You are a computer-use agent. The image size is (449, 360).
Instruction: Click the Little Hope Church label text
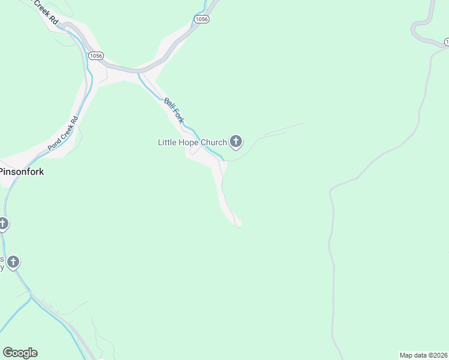(x=192, y=142)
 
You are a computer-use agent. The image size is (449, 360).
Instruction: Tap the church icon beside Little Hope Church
(x=236, y=142)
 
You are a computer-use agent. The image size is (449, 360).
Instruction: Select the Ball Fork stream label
(x=173, y=110)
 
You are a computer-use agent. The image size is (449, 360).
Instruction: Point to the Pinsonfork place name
(x=22, y=172)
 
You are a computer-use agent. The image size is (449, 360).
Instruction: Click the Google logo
(x=20, y=353)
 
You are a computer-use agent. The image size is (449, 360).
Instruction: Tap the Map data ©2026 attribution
(x=423, y=355)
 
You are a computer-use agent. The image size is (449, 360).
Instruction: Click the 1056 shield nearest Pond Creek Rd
(x=95, y=55)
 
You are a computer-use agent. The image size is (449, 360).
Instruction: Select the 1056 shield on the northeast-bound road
(x=202, y=19)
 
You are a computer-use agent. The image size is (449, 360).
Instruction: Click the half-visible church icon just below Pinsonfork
(x=2, y=224)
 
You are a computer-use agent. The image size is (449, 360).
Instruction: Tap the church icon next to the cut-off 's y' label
(x=13, y=262)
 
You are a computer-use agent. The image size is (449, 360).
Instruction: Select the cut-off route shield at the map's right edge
(x=447, y=41)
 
